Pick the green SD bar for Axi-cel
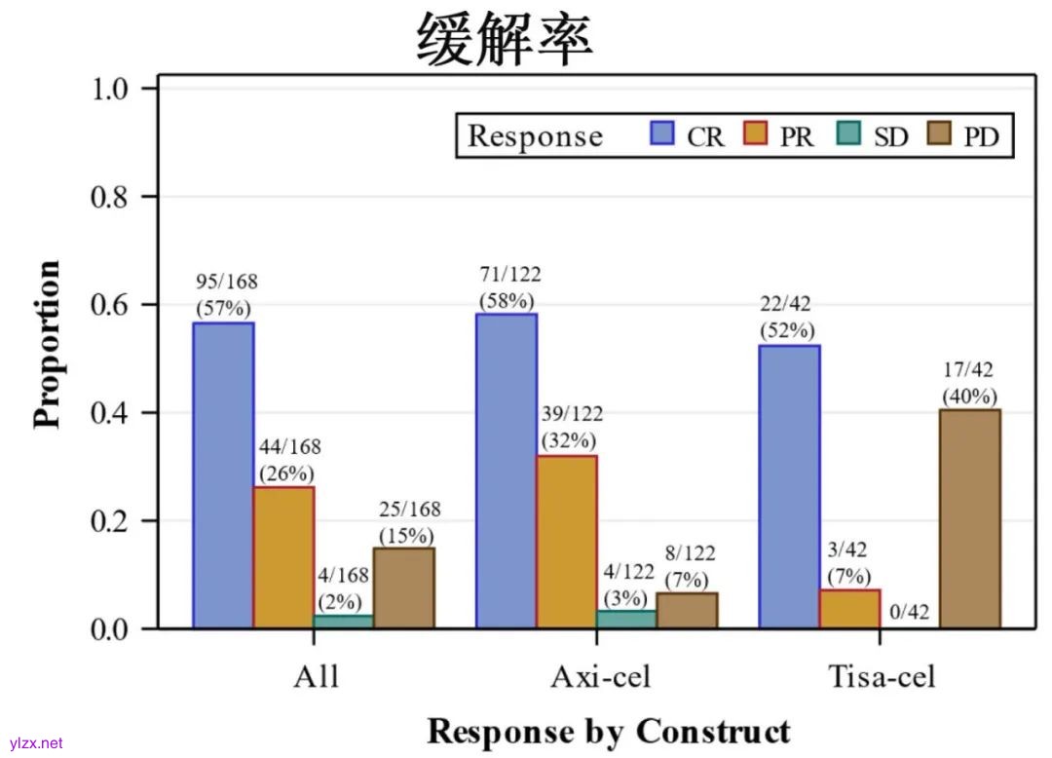click(626, 620)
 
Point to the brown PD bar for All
click(404, 587)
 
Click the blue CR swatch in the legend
click(662, 133)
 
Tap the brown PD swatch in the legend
click(942, 133)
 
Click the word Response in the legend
click(535, 135)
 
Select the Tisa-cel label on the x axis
click(881, 676)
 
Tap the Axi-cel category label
click(597, 676)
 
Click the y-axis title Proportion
click(47, 344)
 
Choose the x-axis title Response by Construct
click(609, 730)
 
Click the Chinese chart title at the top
click(506, 39)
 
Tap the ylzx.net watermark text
click(35, 742)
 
